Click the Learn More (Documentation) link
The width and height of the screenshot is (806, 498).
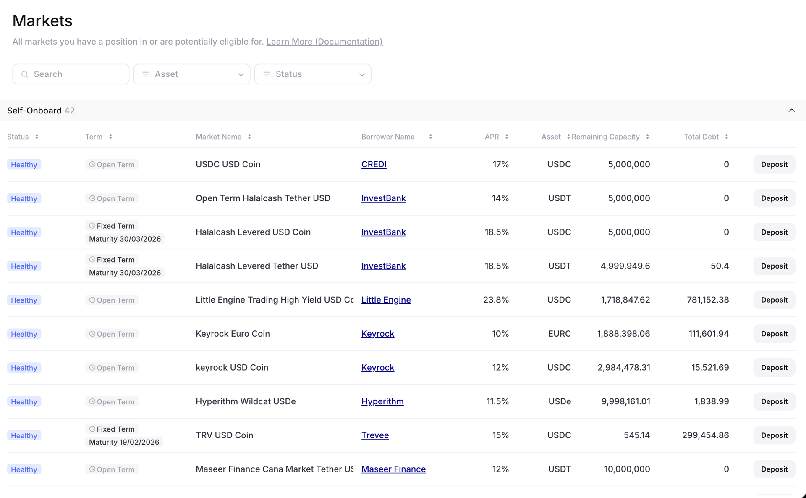(324, 42)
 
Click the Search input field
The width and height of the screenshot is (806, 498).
(71, 74)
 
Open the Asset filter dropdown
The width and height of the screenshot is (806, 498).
(192, 74)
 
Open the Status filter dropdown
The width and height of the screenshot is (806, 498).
(313, 74)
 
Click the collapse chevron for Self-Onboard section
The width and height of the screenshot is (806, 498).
(791, 111)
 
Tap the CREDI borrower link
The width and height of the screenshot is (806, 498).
(374, 164)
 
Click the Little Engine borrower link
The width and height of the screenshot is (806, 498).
(386, 300)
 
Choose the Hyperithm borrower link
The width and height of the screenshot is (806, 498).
(382, 401)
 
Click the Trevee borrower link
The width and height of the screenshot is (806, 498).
(375, 435)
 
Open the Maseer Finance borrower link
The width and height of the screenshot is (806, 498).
(393, 469)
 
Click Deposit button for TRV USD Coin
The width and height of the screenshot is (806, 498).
(774, 435)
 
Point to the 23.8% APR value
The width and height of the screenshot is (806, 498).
(496, 300)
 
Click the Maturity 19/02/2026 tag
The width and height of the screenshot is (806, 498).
(124, 442)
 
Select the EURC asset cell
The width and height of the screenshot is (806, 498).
(559, 334)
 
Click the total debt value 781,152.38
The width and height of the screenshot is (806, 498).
(708, 300)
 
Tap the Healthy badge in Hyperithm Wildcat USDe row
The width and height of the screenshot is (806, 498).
(24, 402)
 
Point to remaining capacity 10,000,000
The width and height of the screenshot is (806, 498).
(627, 469)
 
